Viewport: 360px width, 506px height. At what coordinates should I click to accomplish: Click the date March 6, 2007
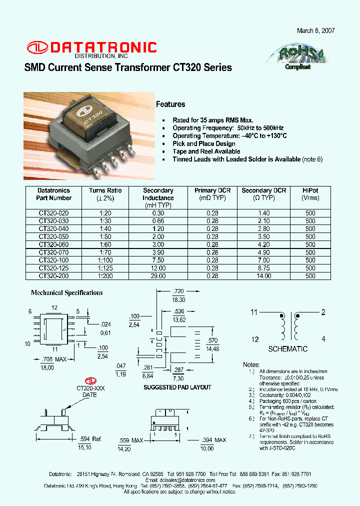click(315, 30)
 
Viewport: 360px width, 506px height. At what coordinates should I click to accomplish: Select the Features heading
click(170, 104)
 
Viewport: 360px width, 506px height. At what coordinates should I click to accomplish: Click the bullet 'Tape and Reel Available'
click(206, 151)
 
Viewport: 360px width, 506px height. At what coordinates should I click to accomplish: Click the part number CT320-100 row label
click(53, 260)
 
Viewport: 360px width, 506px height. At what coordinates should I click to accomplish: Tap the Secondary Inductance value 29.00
click(158, 275)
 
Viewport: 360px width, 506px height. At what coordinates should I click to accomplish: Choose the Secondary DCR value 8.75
click(263, 268)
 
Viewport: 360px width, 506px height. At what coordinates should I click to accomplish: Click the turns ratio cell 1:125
click(105, 268)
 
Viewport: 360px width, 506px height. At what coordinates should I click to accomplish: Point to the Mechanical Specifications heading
click(67, 293)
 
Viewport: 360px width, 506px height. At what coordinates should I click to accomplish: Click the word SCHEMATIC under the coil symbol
click(287, 349)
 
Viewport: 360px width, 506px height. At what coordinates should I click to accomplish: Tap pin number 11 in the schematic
click(254, 312)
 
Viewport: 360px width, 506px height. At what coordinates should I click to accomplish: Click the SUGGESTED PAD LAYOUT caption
click(177, 387)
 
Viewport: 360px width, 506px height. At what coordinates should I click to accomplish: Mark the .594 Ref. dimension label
click(90, 439)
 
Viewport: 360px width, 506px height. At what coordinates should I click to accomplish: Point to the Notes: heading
click(251, 364)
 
